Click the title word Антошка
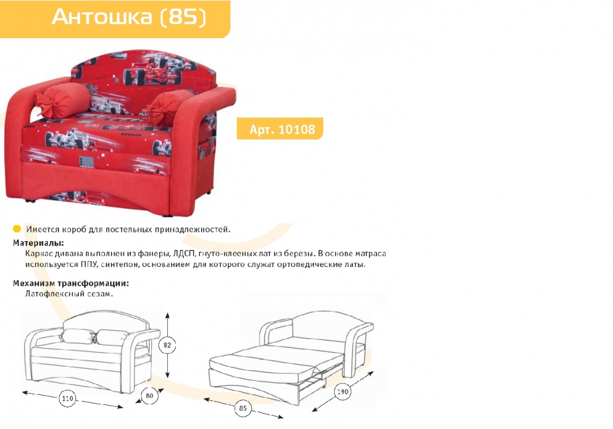102,17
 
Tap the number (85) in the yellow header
183,17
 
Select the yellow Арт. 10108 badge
280,129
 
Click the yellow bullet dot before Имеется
17,229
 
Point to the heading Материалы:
38,243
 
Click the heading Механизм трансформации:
71,283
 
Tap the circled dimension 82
167,345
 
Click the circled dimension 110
67,398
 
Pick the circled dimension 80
149,396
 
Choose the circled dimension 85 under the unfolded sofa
243,408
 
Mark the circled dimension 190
343,391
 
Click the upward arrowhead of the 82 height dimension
167,316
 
